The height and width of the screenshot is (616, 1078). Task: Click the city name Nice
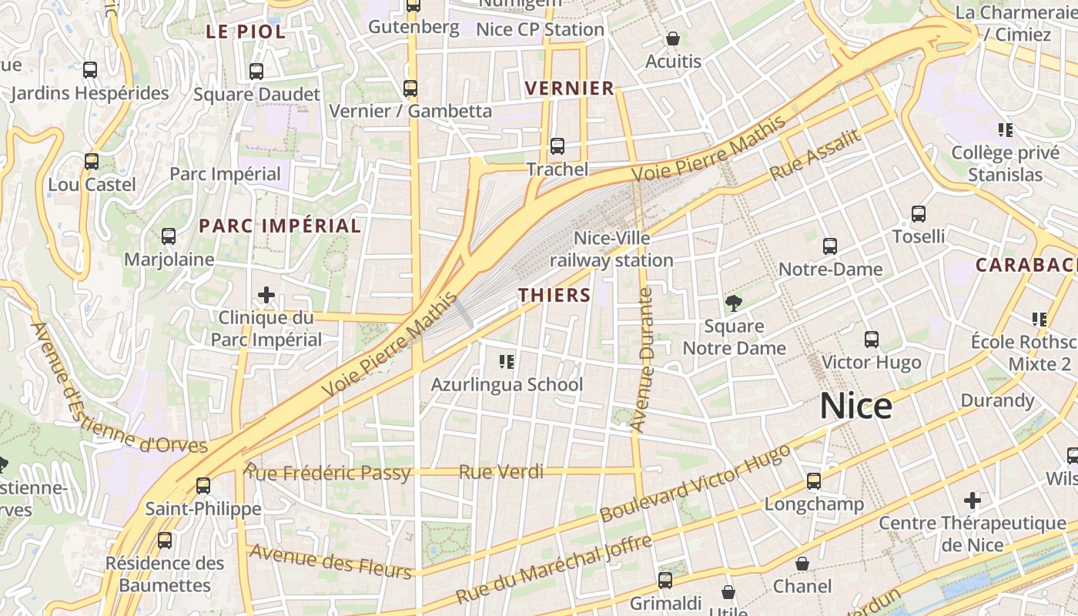855,406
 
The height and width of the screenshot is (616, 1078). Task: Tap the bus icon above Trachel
557,146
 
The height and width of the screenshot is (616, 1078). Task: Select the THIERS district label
554,295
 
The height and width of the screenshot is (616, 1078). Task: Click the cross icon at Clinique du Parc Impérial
266,295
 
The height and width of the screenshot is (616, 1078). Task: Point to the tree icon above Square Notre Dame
734,303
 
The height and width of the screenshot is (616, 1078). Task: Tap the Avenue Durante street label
641,359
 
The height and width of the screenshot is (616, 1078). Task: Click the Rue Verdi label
500,472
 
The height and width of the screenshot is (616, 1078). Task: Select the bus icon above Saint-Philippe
203,486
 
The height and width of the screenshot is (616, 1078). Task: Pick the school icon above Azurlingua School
507,361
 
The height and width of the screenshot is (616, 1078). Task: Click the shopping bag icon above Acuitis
673,38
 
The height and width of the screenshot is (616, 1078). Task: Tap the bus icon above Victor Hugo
872,340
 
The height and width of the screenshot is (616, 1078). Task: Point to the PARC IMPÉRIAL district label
280,226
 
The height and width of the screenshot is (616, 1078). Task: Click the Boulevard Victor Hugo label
695,483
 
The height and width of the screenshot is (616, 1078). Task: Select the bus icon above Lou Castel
92,162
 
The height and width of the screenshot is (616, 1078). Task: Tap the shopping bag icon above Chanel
802,564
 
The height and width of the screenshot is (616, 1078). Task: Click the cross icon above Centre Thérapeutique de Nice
973,500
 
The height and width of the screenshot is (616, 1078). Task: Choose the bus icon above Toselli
918,214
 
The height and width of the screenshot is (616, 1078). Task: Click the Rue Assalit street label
815,154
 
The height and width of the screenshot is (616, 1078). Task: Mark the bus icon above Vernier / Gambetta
410,89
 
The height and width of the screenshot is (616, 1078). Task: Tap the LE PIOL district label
246,32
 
